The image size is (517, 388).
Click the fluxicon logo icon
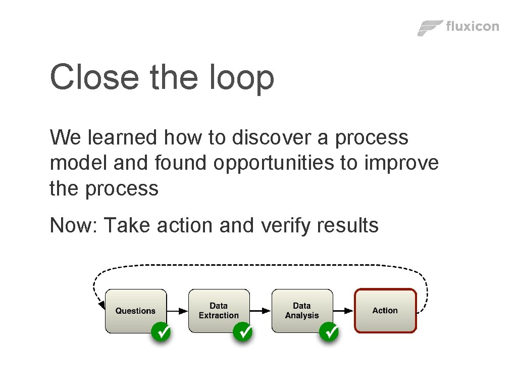click(430, 28)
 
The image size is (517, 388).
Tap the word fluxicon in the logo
click(473, 26)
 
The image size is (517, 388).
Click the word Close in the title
click(94, 77)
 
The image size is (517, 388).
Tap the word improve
click(401, 164)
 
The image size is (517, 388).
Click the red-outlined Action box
click(385, 311)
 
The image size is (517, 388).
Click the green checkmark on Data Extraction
click(243, 332)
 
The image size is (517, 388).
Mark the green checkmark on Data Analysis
click(329, 332)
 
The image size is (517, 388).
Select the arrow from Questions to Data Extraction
click(177, 311)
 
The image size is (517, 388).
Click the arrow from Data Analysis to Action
click(343, 311)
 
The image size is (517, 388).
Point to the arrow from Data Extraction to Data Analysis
click(261, 311)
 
